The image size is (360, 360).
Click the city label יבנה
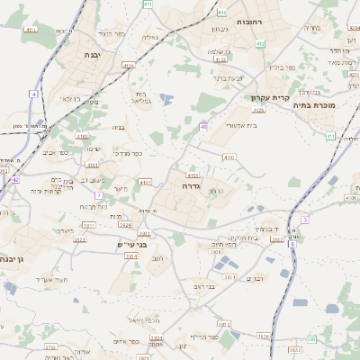click(93, 55)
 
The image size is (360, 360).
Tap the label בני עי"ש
click(131, 244)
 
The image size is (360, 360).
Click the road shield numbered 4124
click(128, 65)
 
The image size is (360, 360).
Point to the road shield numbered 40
click(204, 127)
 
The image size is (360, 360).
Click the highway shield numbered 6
click(292, 244)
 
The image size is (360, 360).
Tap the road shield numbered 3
click(305, 220)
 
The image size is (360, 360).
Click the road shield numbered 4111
click(31, 30)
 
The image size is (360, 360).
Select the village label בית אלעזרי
click(241, 125)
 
